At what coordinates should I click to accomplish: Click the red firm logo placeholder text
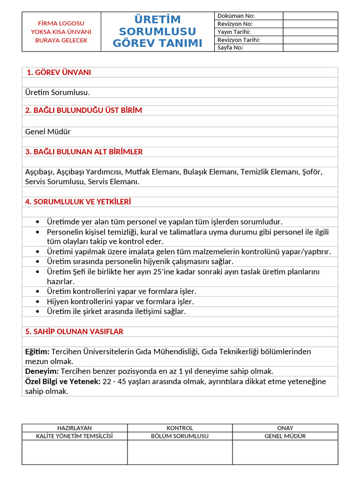click(x=61, y=31)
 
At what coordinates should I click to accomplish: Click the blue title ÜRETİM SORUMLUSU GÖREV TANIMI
click(x=157, y=31)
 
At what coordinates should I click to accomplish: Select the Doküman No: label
click(x=236, y=16)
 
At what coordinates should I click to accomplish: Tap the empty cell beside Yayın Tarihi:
click(x=310, y=32)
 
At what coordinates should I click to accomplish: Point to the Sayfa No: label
click(x=230, y=48)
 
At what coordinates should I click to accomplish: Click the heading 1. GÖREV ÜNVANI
click(x=59, y=72)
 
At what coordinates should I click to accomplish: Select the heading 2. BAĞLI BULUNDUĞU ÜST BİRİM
click(x=83, y=110)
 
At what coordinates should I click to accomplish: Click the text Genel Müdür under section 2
click(x=48, y=132)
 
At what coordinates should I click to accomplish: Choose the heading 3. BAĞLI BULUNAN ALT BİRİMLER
click(x=84, y=152)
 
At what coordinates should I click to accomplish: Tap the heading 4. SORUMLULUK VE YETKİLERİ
click(x=78, y=202)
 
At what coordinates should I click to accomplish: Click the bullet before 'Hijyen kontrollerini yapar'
click(x=37, y=302)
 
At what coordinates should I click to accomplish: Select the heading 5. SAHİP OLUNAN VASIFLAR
click(x=74, y=331)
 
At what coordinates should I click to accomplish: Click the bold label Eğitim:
click(x=37, y=352)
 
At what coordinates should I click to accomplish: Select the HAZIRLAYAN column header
click(x=75, y=428)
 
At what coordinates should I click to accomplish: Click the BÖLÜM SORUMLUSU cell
click(x=180, y=436)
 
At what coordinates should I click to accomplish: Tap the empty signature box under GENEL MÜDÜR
click(x=285, y=452)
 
